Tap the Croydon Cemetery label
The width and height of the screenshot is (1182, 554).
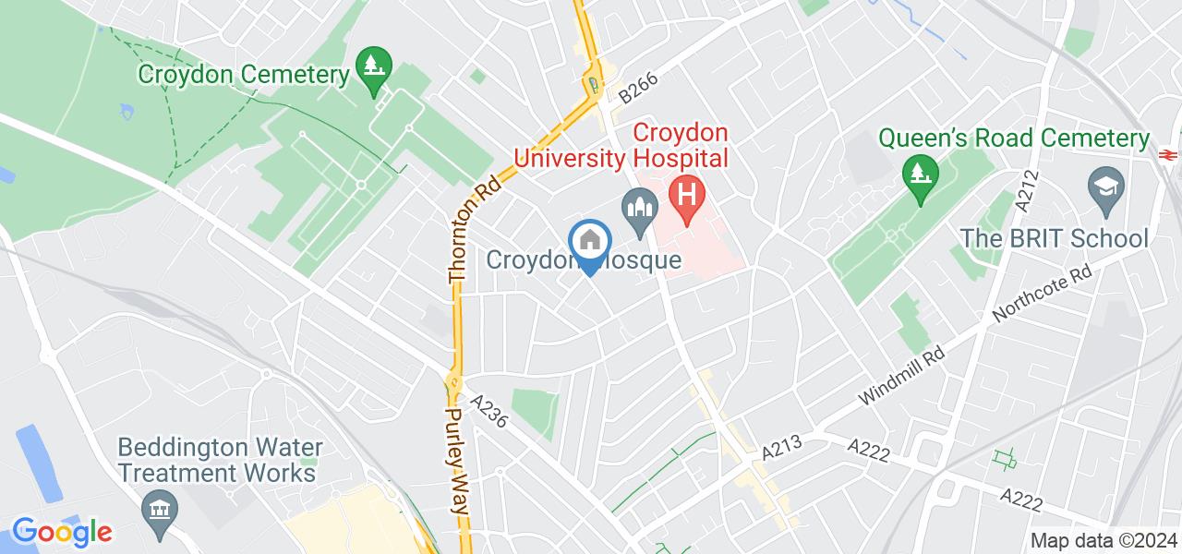[244, 74]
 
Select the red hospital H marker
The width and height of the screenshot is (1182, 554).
[688, 198]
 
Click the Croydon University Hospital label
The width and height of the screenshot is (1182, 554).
[622, 146]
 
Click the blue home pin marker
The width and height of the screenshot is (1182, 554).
[588, 243]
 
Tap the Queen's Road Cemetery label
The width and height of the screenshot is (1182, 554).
[1013, 138]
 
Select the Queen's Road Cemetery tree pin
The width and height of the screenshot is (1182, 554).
[920, 175]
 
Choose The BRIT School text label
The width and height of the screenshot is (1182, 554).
[1054, 238]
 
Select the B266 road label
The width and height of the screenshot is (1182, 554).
[638, 88]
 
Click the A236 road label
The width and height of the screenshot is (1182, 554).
[490, 413]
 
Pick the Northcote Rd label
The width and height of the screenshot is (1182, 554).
[1043, 295]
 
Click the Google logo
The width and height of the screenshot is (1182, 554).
[62, 533]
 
